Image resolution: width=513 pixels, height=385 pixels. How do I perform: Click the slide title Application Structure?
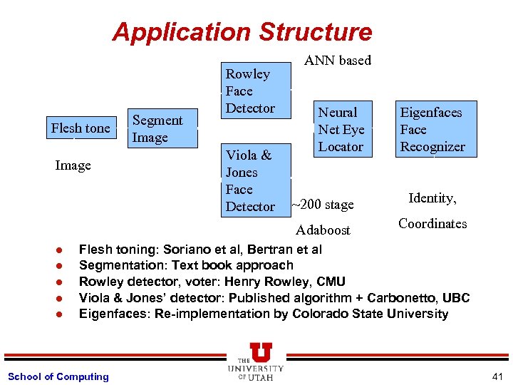(242, 32)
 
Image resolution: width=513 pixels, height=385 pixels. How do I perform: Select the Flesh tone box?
(81, 128)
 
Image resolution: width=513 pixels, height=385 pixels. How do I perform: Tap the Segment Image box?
(164, 129)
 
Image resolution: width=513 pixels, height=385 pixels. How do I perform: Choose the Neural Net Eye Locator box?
(341, 129)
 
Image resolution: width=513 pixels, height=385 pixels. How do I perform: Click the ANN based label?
(338, 61)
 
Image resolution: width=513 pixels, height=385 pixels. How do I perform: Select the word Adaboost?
(323, 230)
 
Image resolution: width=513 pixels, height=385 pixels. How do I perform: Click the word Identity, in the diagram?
(432, 198)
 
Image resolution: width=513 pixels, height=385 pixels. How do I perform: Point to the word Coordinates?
(432, 224)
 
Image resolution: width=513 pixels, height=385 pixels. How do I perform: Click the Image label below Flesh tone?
(73, 165)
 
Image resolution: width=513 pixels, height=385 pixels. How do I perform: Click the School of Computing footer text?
(58, 376)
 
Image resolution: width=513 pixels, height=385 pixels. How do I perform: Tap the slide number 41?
(497, 376)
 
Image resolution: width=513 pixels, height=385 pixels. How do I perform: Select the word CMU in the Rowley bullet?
(331, 282)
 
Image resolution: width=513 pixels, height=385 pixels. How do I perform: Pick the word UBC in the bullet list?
(457, 298)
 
